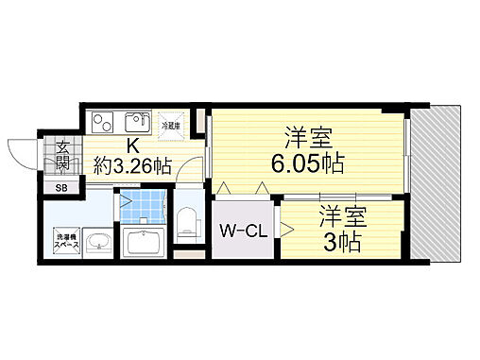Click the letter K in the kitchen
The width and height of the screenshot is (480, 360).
[x=133, y=146]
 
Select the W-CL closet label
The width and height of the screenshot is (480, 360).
[x=241, y=231]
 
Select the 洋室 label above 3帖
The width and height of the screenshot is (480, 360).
[x=341, y=214]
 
